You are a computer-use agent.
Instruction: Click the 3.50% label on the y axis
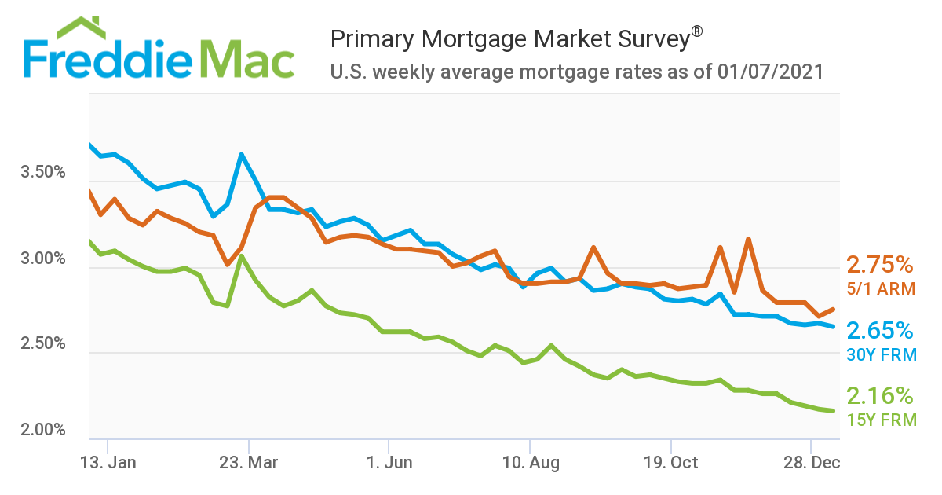point(43,173)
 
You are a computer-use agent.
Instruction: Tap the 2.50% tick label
point(43,344)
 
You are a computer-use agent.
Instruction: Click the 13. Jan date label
point(108,463)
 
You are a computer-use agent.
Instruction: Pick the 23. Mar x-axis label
point(248,463)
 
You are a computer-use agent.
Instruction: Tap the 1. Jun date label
point(389,463)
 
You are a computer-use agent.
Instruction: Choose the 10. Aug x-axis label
point(530,463)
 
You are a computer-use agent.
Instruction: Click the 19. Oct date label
point(670,463)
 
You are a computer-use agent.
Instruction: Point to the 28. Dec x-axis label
point(812,463)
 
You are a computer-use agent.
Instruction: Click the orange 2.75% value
point(879,264)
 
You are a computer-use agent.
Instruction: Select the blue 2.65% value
point(879,330)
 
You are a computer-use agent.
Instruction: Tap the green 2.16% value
point(879,395)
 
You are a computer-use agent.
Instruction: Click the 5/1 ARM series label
point(881,289)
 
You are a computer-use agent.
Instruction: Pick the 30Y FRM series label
point(882,355)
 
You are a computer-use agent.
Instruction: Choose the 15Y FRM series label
point(882,420)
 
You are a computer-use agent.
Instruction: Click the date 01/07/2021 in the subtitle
point(770,73)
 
